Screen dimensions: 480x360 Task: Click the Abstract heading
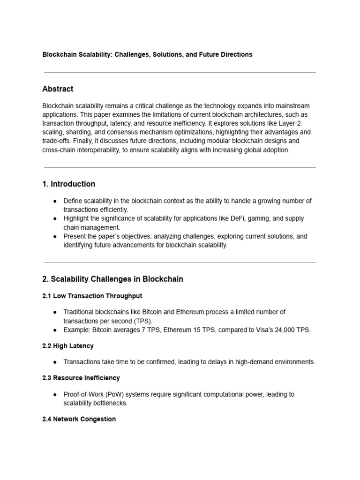click(x=58, y=89)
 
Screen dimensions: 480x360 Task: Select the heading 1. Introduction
click(x=68, y=184)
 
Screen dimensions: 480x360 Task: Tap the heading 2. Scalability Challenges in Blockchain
click(x=112, y=279)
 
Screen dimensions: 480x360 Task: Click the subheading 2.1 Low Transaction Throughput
click(x=92, y=296)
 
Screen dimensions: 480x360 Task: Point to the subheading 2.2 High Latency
click(x=68, y=346)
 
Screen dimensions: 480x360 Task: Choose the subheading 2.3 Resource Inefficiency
click(x=81, y=378)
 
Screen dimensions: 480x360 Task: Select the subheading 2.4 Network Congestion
click(x=79, y=419)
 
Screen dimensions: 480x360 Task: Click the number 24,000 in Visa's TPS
click(x=283, y=330)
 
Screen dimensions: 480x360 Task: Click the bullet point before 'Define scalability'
click(x=55, y=201)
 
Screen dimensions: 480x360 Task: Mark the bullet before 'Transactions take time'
click(x=55, y=362)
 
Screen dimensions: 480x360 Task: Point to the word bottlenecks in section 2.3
click(x=111, y=403)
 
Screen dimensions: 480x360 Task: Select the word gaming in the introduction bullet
click(x=274, y=218)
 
